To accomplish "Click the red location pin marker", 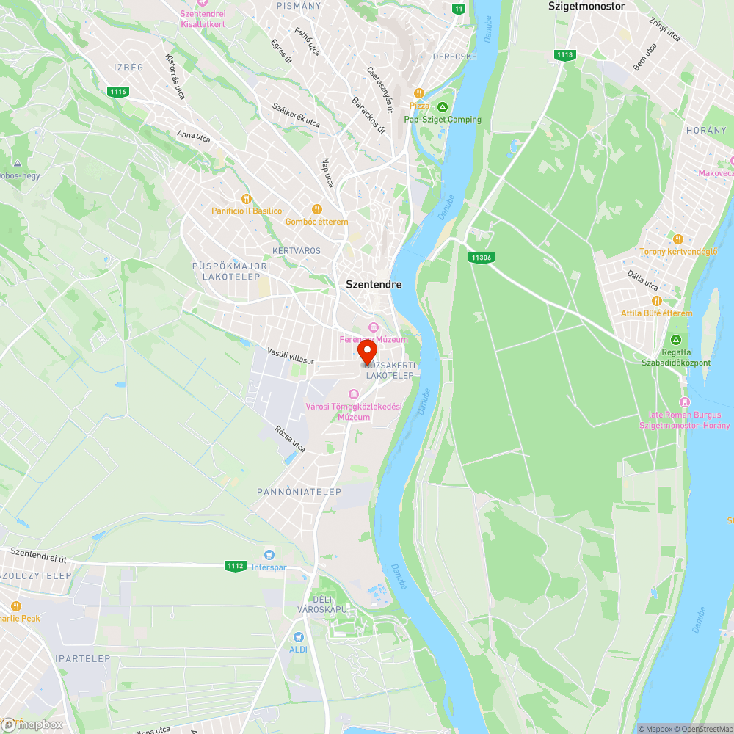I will point(367,352).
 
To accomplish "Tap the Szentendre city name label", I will point(374,284).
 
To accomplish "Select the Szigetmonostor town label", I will point(586,6).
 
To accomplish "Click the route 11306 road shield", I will point(481,258).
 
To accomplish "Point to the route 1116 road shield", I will point(117,92).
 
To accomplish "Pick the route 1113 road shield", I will point(564,55).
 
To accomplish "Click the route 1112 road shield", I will point(236,566).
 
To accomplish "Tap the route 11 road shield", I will point(459,9).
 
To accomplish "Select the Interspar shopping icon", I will point(269,554).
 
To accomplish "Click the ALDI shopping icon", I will point(298,637).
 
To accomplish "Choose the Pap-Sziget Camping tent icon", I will point(443,107).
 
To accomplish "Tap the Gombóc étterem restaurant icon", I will point(317,209).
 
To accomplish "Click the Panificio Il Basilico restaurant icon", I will point(247,198).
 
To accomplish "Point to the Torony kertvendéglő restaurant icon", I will point(677,239).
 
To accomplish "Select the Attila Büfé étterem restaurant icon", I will point(656,301).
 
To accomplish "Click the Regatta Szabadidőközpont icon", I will point(676,340).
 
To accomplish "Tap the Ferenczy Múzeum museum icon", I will point(373,327).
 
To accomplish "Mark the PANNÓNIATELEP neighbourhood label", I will point(299,492).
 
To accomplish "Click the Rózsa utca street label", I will point(289,439).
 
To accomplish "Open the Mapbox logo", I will point(33,724).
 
